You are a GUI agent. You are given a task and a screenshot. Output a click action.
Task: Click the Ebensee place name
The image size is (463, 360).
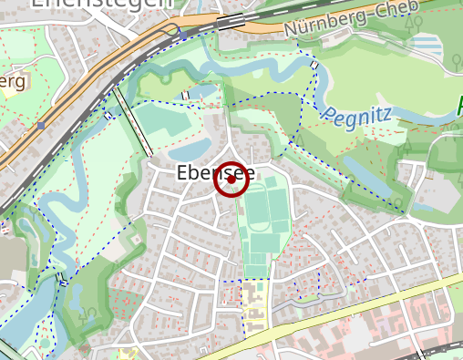(x=215, y=173)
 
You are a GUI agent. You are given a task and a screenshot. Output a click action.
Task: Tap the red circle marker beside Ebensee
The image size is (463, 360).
(x=231, y=180)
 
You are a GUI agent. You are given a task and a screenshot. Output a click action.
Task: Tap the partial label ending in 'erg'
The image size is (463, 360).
(x=11, y=82)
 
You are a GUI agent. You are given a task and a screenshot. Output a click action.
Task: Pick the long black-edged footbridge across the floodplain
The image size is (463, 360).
(x=133, y=122)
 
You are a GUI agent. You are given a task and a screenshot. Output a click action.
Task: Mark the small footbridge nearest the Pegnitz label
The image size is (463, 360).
(x=314, y=67)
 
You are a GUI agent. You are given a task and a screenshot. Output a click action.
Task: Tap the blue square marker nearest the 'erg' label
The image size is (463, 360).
(x=41, y=125)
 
